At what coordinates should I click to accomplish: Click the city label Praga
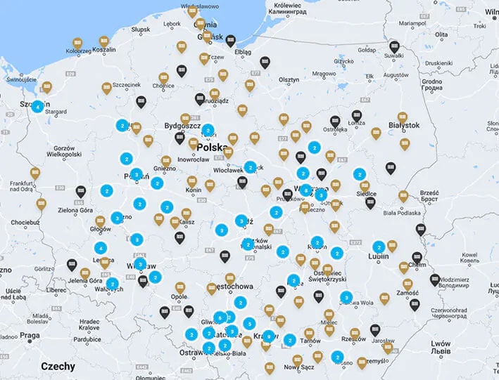tap(30, 335)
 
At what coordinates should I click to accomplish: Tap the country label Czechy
tap(58, 366)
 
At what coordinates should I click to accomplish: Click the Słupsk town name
tap(141, 30)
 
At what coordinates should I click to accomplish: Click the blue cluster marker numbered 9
tap(267, 336)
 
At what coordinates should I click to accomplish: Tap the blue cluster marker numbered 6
tap(220, 317)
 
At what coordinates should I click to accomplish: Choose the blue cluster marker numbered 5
tap(249, 324)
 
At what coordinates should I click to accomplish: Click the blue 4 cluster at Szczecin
tap(37, 107)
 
